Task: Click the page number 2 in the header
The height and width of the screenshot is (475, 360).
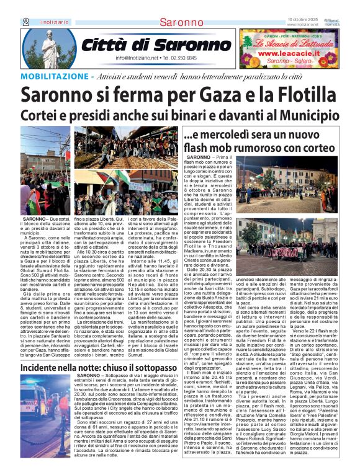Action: click(25, 22)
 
